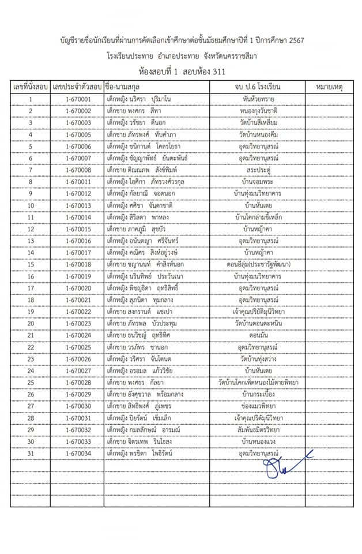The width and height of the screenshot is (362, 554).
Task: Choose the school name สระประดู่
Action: pyautogui.click(x=258, y=169)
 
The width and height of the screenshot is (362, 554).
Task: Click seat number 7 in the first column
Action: pyautogui.click(x=30, y=170)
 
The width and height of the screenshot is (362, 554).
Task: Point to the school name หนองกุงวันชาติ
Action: pyautogui.click(x=258, y=110)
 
